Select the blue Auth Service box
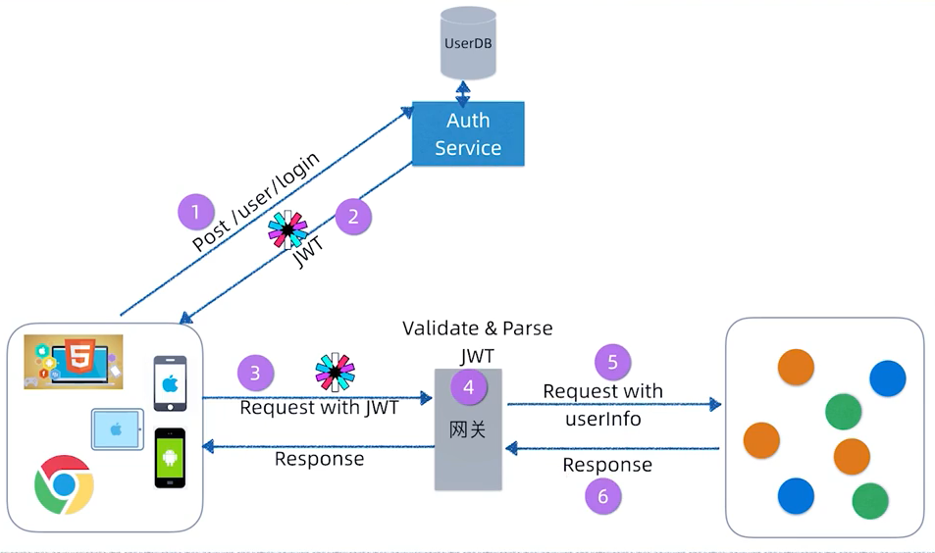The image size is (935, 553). coord(468,134)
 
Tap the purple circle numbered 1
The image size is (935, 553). coord(196,212)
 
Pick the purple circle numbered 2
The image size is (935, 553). coord(353,216)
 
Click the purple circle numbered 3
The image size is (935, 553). coord(256,373)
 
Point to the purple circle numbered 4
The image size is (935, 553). coord(469,387)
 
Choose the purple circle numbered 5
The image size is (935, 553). coord(613,362)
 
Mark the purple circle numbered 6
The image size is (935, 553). coord(603,496)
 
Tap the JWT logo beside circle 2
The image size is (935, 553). coord(287,229)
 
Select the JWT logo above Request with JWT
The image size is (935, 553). coord(335,373)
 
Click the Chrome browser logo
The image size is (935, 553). coord(64,484)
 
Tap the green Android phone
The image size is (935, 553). coord(169,458)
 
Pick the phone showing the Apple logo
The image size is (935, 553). coord(170,383)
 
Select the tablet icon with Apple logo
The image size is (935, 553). coord(118,429)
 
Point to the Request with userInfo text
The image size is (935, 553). coord(602,405)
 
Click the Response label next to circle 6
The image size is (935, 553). coord(607,465)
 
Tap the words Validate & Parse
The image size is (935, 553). coord(478,328)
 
